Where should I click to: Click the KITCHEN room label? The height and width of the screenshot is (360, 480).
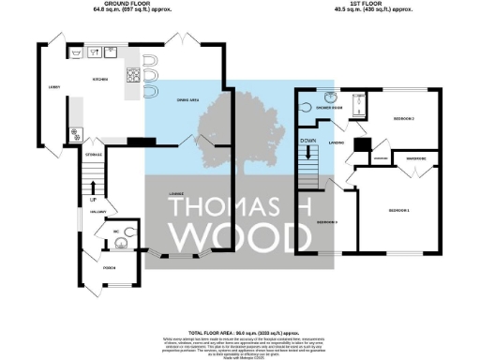click(x=100, y=80)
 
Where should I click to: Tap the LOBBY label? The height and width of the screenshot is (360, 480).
click(x=54, y=88)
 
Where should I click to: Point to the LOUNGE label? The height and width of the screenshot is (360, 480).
click(x=175, y=195)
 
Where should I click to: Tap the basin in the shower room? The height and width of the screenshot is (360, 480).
click(x=331, y=98)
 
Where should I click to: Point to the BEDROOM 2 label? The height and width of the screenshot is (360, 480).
click(x=403, y=119)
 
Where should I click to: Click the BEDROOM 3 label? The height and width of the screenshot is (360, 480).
click(x=326, y=222)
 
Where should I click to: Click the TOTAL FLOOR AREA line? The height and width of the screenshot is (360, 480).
click(x=242, y=333)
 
